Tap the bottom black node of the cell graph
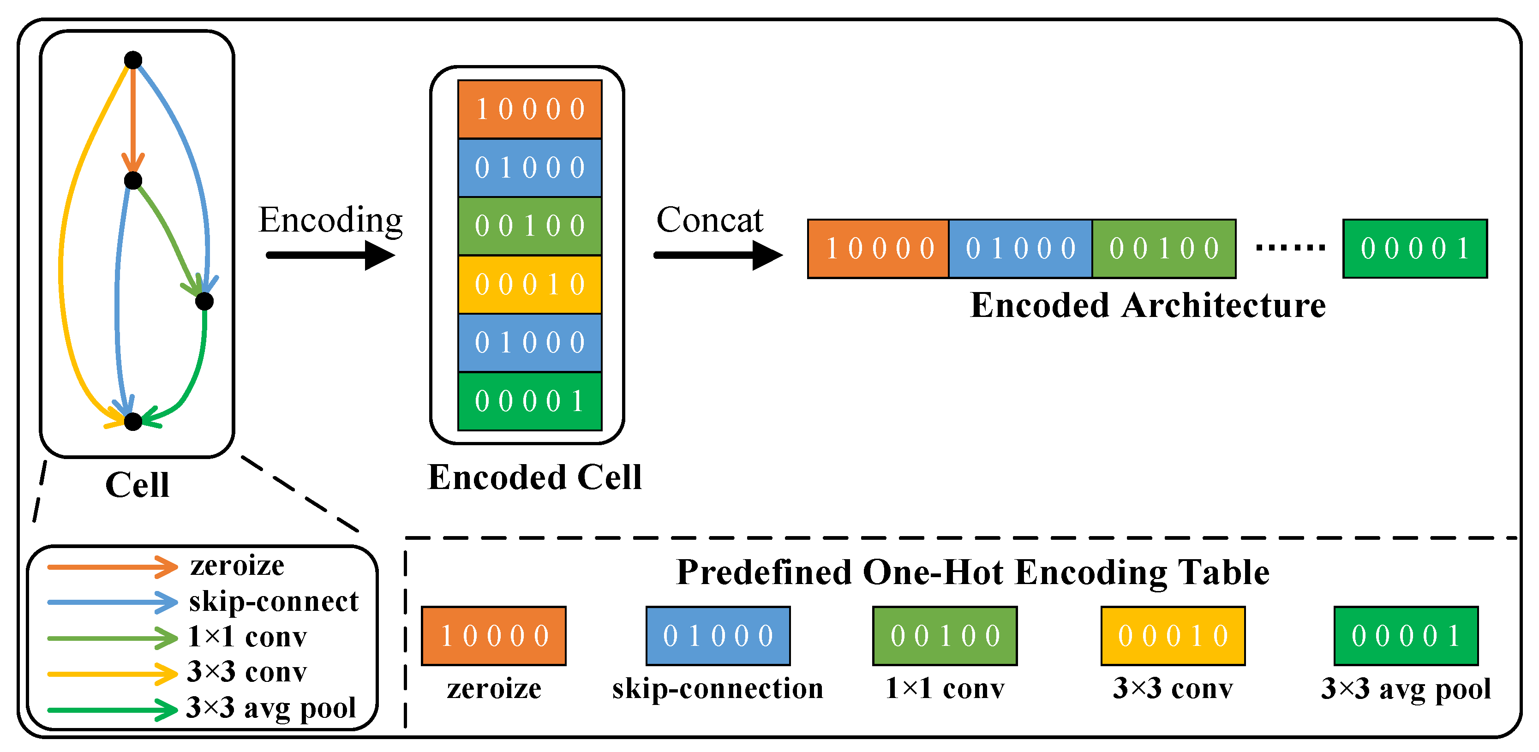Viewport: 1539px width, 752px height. pos(132,422)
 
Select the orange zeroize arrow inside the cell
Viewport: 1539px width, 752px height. pos(132,119)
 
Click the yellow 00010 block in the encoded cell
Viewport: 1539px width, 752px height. pos(529,284)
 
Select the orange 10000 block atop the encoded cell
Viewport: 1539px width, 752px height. pos(529,109)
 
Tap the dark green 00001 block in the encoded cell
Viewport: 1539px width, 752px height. pos(529,401)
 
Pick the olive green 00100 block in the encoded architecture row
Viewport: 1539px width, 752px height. pos(1164,249)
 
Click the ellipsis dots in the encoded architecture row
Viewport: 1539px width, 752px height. pos(1290,247)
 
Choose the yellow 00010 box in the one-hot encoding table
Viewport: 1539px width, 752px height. pos(1173,636)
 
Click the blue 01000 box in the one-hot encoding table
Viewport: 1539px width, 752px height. pos(718,636)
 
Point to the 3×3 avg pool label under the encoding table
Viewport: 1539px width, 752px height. pos(1405,689)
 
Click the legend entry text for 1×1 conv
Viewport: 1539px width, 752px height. pos(247,637)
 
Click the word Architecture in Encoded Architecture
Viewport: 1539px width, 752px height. pos(1223,306)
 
